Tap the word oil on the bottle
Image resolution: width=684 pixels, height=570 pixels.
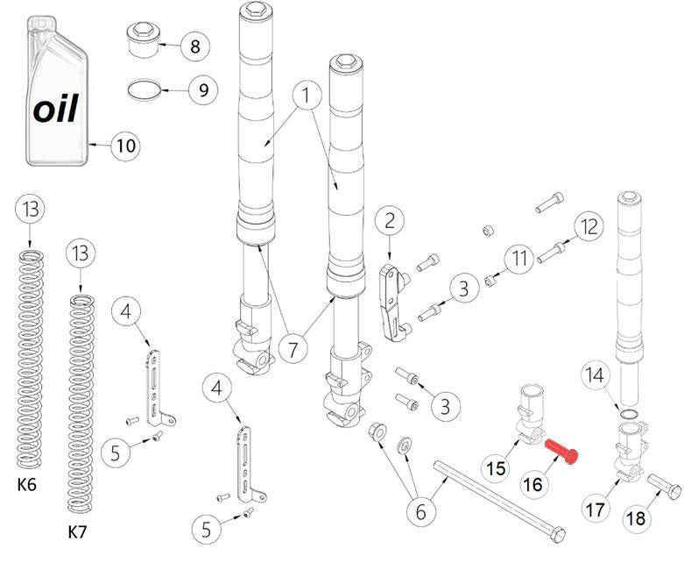point(56,109)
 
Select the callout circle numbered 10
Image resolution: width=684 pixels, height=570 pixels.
point(127,146)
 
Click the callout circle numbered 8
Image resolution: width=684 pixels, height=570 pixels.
point(194,46)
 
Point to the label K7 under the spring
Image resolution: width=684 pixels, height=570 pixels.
point(79,531)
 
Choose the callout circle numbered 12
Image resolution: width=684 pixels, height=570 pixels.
point(589,227)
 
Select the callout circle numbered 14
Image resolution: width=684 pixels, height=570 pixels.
point(596,377)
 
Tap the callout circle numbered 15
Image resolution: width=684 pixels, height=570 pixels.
point(497,468)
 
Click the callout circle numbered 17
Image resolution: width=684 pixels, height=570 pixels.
point(596,509)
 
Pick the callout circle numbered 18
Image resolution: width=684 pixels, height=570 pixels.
point(636,518)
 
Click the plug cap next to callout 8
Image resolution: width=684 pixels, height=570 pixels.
point(142,39)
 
